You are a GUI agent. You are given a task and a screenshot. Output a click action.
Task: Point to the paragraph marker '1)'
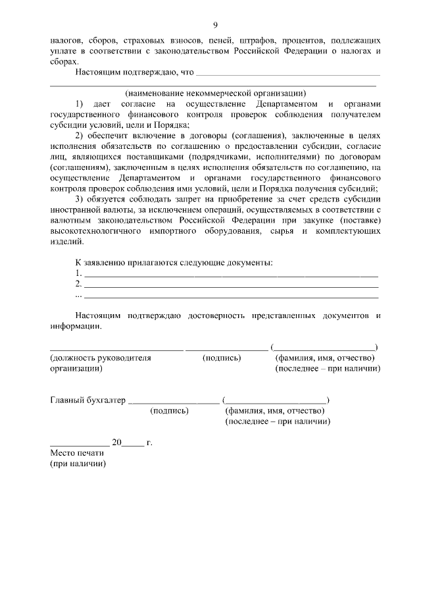(x=80, y=104)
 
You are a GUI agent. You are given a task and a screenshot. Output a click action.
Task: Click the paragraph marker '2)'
(x=80, y=136)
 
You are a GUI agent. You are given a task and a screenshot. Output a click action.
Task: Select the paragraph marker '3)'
(x=80, y=200)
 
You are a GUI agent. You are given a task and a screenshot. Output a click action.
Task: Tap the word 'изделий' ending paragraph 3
(x=66, y=242)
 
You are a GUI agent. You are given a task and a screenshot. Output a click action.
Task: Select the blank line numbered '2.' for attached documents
(x=230, y=286)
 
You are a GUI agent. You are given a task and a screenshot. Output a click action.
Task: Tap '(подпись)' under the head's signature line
(x=222, y=358)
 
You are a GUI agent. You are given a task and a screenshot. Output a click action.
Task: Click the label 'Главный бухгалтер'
(x=87, y=400)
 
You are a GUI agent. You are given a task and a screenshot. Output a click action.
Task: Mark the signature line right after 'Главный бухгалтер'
(x=174, y=401)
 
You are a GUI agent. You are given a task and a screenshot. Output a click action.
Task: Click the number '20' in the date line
(x=116, y=443)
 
